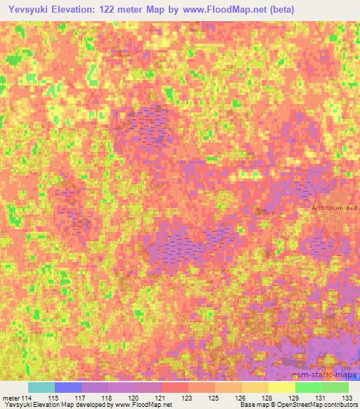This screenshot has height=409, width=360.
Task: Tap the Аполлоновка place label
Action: pos(335,208)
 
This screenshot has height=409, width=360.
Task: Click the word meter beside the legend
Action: pos(11,398)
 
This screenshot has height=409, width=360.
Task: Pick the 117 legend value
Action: pos(82,398)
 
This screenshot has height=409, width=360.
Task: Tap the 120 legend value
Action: pos(135,398)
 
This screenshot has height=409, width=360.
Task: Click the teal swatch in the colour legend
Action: pos(41,387)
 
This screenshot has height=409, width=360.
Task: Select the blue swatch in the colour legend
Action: pos(68,387)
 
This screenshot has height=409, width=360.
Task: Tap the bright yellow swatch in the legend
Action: pos(282,387)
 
